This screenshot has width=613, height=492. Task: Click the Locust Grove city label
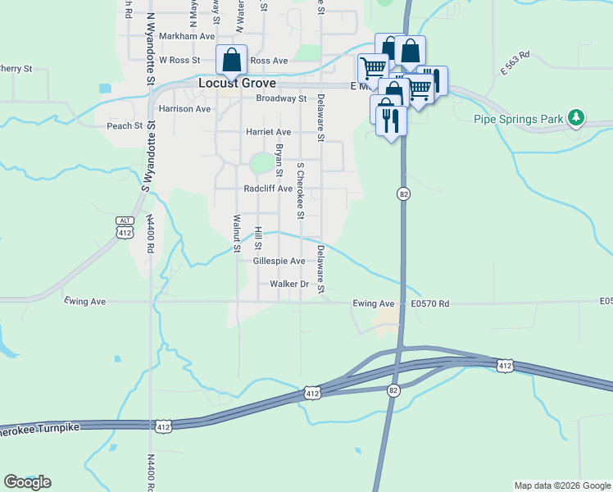click(x=238, y=84)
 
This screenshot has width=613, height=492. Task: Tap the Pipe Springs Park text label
click(x=519, y=119)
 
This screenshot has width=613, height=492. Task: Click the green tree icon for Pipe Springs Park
click(x=576, y=118)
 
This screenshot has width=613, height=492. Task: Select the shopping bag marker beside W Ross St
click(x=232, y=60)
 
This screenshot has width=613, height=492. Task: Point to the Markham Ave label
click(x=187, y=36)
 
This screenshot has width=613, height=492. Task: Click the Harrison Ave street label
click(x=184, y=108)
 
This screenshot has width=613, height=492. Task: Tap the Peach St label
click(x=125, y=126)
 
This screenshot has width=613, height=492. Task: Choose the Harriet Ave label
click(x=268, y=131)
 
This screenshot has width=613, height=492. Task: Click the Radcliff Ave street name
click(x=268, y=189)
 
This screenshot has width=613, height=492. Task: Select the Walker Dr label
click(x=288, y=285)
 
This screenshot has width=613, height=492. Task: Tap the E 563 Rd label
click(x=515, y=61)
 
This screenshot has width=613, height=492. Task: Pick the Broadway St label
click(x=280, y=98)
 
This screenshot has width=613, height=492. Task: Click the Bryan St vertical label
click(x=279, y=160)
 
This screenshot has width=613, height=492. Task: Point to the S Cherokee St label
click(x=301, y=190)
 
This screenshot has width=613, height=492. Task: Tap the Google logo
click(x=27, y=482)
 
